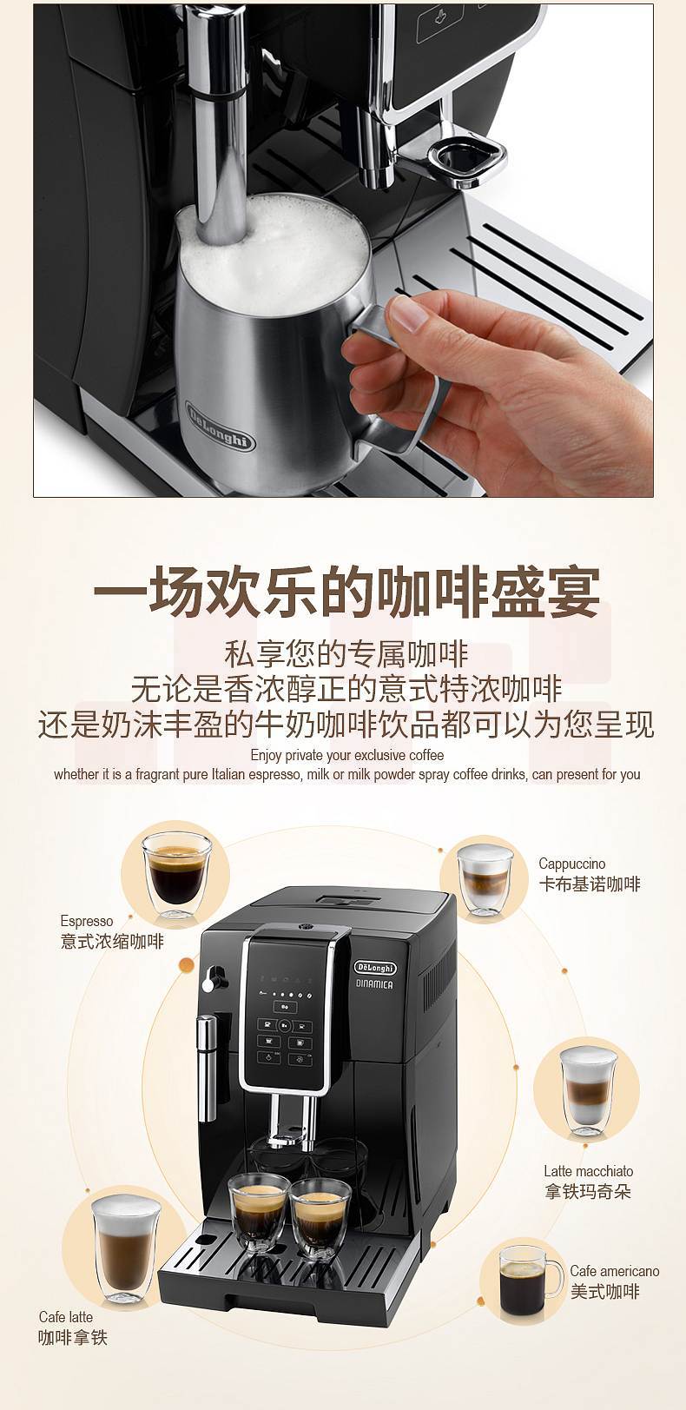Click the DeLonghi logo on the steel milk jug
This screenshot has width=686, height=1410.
(221, 425)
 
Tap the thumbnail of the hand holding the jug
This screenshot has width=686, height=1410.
(343, 250)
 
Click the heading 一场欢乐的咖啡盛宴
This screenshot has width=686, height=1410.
(346, 591)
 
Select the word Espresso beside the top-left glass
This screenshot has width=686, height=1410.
(87, 921)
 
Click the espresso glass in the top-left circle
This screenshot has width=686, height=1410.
(176, 874)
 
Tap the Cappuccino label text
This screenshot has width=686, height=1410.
(572, 864)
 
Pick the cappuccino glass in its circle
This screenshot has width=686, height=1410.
(485, 879)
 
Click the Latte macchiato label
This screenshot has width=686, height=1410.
(589, 1171)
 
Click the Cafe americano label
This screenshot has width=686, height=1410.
(615, 1271)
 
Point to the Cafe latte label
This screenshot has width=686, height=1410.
(65, 1317)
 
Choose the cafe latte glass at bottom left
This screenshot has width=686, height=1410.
(126, 1249)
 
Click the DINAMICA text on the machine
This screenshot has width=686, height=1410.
(374, 983)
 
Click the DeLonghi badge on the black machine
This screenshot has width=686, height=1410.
(374, 968)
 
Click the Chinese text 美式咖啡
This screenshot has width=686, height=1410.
(605, 1292)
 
